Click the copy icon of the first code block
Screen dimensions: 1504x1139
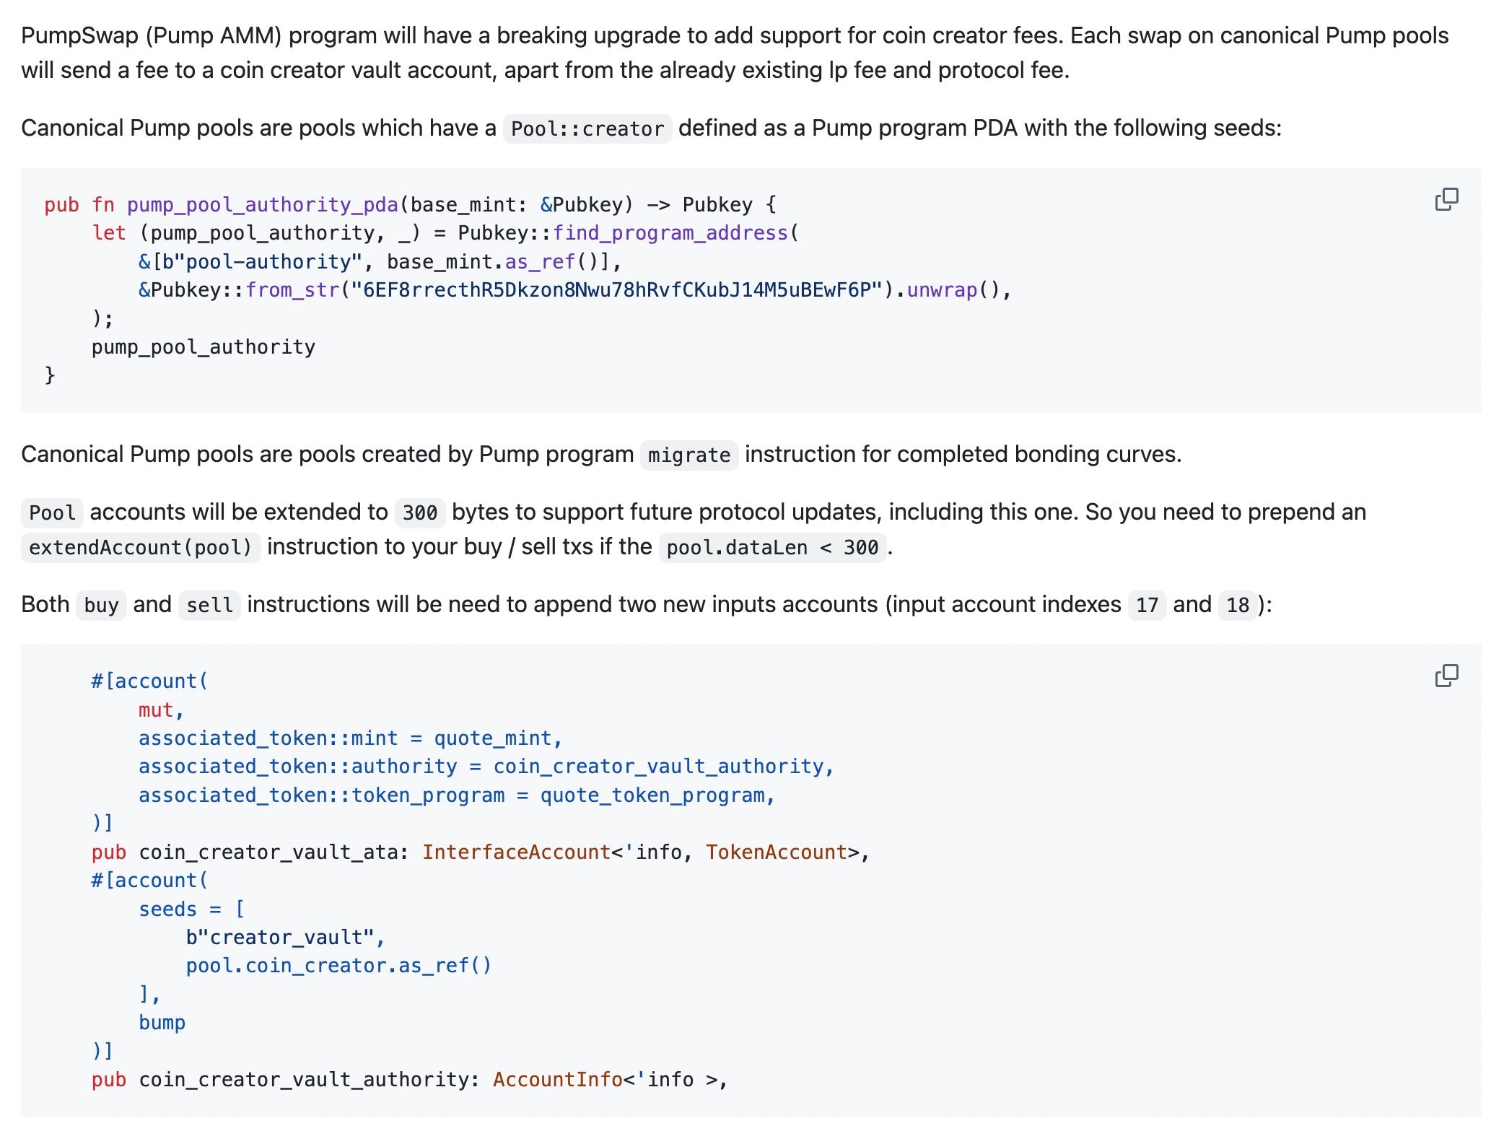(1446, 199)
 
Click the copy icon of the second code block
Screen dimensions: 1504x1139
(1446, 676)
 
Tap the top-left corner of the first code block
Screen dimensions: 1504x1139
(21, 168)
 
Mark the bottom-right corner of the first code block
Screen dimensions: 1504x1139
(1482, 413)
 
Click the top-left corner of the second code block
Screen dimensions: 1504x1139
(21, 644)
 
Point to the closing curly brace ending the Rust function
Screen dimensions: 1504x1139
(50, 375)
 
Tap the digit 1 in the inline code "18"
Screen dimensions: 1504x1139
(1232, 605)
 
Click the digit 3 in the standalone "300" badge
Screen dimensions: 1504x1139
(408, 513)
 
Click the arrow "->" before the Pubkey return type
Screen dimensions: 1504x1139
(658, 205)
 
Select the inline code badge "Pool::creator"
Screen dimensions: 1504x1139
(587, 129)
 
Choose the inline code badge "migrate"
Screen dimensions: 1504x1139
(689, 455)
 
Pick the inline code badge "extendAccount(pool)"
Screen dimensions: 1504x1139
(141, 547)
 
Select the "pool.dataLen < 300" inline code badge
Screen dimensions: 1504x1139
(772, 547)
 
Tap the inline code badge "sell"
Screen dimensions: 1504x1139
(209, 605)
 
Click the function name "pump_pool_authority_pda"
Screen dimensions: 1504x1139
(263, 205)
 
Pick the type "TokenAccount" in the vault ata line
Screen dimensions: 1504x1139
(776, 852)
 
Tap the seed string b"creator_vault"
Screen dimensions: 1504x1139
(280, 938)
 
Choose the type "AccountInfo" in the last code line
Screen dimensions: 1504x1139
(558, 1080)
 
